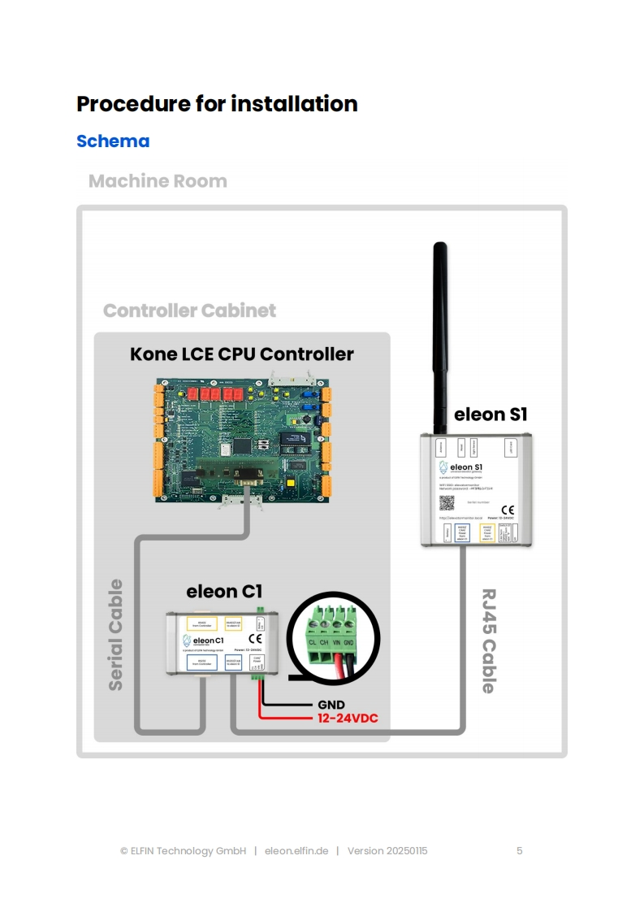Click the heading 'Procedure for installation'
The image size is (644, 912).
tap(217, 104)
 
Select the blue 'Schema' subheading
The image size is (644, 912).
tap(113, 141)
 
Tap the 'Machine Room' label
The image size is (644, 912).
tap(158, 181)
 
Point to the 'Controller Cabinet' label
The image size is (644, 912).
tap(189, 311)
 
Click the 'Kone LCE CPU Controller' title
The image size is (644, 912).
tap(242, 354)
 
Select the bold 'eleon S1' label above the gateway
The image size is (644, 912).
tap(491, 415)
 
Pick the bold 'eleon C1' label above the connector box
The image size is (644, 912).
tap(224, 591)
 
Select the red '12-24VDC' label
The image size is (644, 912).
tap(348, 719)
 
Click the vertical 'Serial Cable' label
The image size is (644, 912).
tap(116, 635)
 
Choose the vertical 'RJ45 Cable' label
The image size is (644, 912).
tap(488, 641)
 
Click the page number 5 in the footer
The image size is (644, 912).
tap(520, 851)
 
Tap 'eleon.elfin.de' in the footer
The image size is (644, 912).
tap(296, 851)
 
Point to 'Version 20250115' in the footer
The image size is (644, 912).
tap(387, 851)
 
